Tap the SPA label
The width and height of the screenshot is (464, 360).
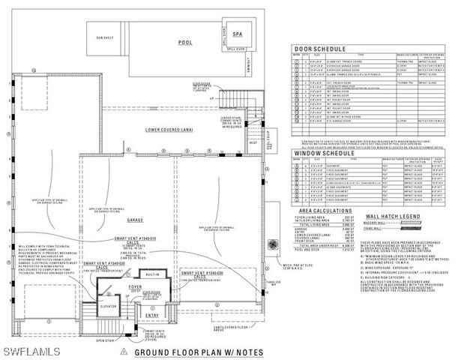pyautogui.click(x=238, y=34)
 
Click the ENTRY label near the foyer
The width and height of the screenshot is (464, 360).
pyautogui.click(x=153, y=316)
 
